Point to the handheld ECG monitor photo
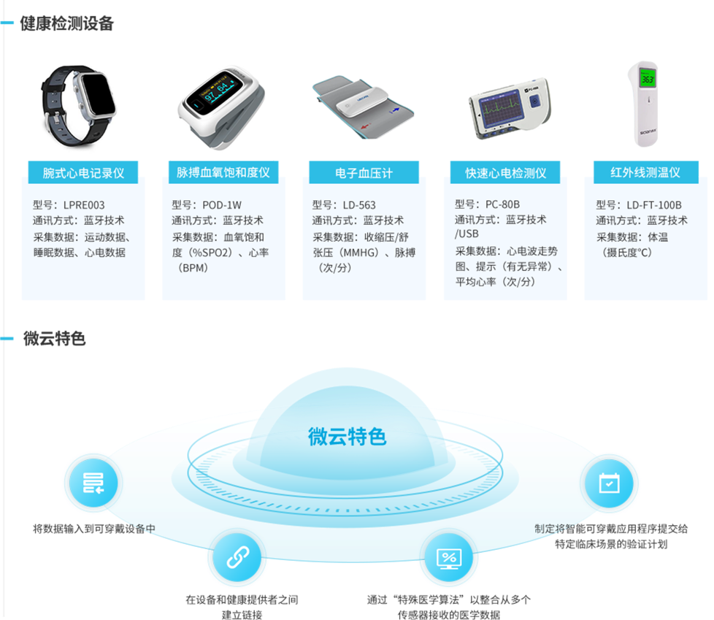click(511, 108)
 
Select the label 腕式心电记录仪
click(83, 173)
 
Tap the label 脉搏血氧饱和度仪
click(223, 173)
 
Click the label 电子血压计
click(364, 173)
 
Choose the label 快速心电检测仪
click(506, 173)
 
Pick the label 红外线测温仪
click(645, 173)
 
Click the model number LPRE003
click(84, 205)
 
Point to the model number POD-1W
click(222, 205)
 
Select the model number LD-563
click(359, 205)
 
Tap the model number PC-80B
click(502, 204)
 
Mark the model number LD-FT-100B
click(654, 205)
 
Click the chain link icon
click(234, 559)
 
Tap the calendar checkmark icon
click(609, 483)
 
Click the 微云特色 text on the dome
click(347, 437)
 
